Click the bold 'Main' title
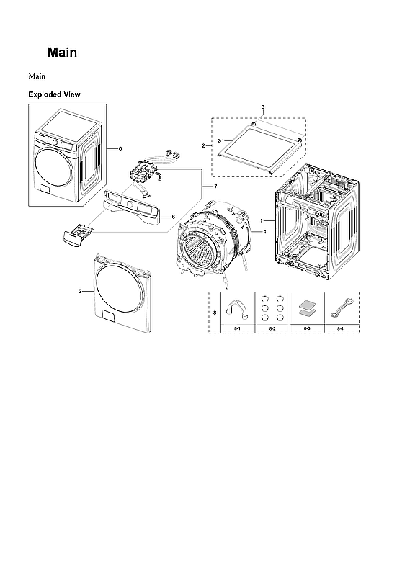[62, 53]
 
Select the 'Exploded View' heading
[54, 94]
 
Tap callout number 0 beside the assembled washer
[120, 148]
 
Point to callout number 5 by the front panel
[79, 292]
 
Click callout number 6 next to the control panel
[173, 216]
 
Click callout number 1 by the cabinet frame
[262, 220]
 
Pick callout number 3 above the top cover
[263, 107]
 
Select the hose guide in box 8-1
[236, 309]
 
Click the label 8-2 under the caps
[272, 328]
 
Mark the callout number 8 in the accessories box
[215, 312]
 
